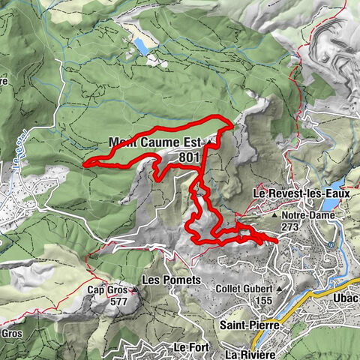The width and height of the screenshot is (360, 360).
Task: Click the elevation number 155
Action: [262, 301]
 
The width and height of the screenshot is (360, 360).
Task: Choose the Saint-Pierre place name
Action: [250, 325]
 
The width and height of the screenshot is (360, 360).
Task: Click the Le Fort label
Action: [189, 348]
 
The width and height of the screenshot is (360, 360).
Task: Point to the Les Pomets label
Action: [172, 280]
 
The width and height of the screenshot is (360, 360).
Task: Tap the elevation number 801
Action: [190, 157]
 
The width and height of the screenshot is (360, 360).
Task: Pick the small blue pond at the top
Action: [141, 47]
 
